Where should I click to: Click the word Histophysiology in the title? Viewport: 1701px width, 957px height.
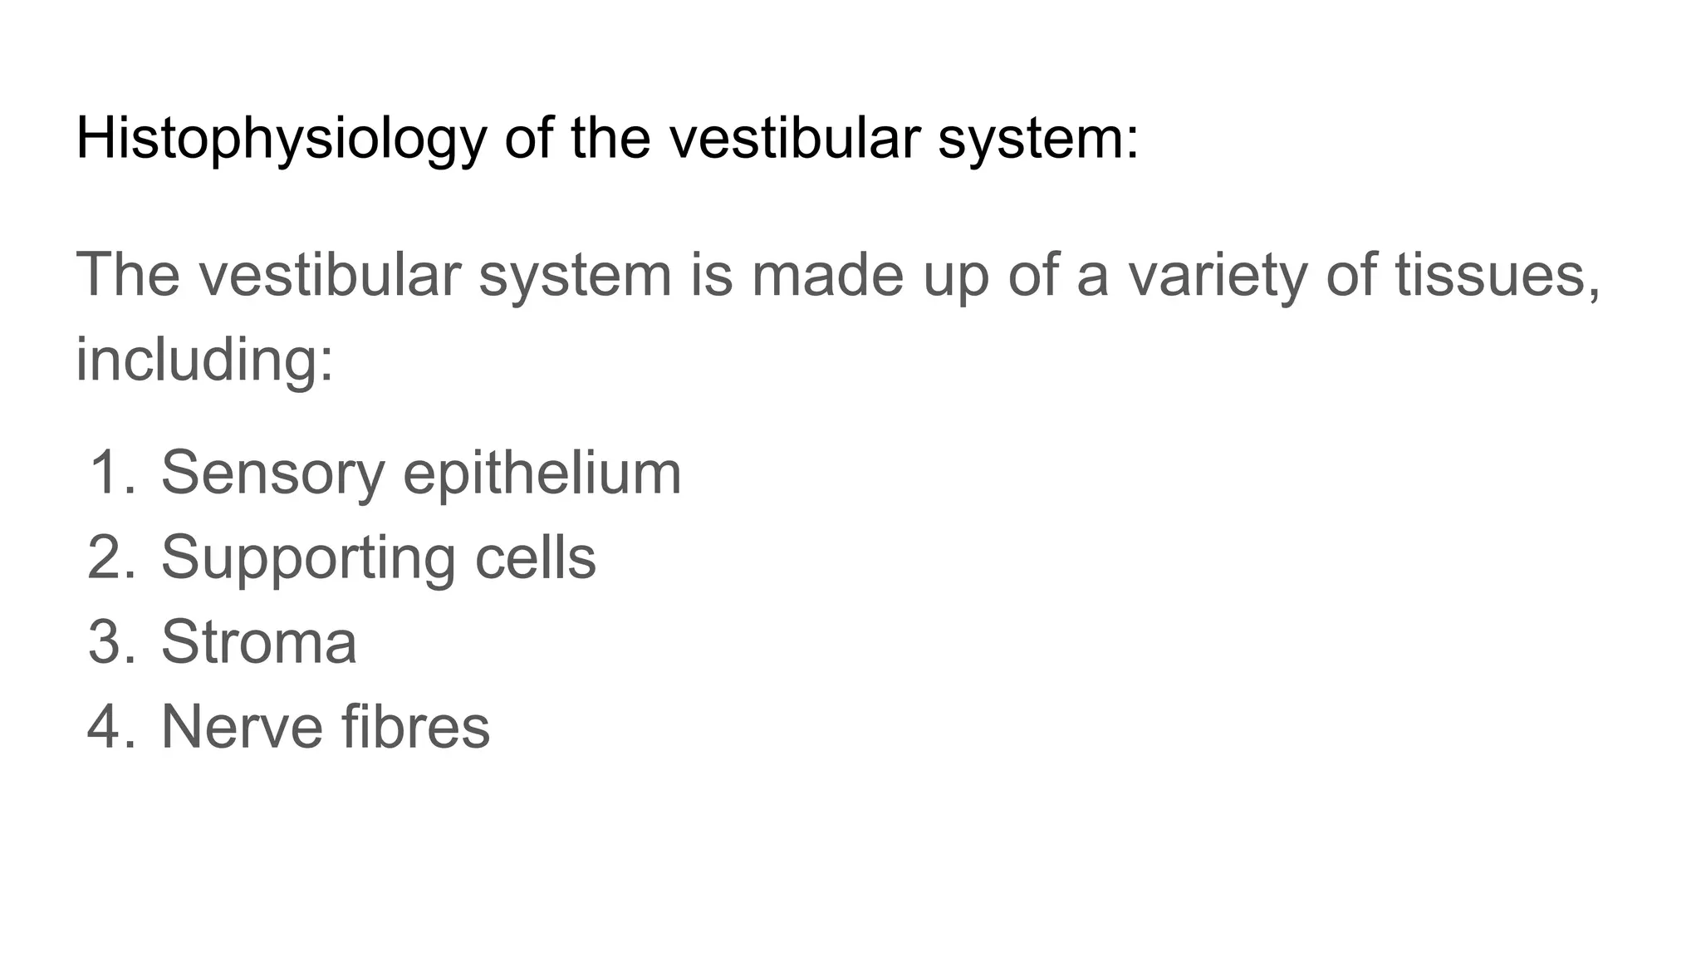pos(281,139)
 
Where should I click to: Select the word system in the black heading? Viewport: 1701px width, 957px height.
pos(1037,139)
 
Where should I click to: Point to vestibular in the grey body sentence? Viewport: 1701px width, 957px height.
pos(329,275)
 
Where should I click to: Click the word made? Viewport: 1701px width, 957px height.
pos(826,275)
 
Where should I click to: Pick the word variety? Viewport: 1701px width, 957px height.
pos(1214,277)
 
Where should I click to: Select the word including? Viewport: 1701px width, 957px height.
pos(204,360)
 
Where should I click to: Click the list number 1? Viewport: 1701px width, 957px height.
pos(109,472)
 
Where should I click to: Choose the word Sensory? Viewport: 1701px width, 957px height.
pos(272,474)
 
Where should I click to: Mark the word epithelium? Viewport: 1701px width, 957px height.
pos(542,474)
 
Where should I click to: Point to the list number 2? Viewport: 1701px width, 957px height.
pos(109,557)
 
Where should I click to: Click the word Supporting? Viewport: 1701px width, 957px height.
pos(308,559)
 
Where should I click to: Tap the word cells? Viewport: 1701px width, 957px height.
pos(535,557)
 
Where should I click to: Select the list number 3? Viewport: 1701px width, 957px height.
pos(109,642)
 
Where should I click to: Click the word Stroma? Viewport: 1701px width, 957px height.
pos(258,642)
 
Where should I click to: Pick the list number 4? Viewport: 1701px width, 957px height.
pos(109,727)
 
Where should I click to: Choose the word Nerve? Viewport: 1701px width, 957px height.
pos(241,727)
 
